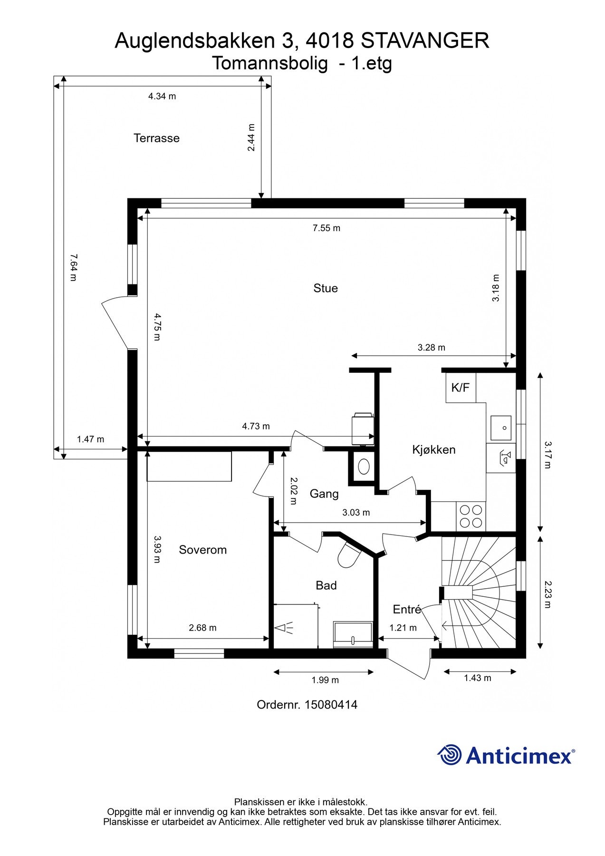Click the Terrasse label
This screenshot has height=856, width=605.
[x=156, y=138]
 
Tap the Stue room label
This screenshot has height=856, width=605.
[x=326, y=288]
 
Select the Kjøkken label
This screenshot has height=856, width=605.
[x=433, y=450]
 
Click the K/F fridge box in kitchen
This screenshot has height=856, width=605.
[x=461, y=388]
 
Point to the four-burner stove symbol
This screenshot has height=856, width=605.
[x=471, y=516]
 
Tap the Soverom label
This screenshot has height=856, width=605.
[x=202, y=550]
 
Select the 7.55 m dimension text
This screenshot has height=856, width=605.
[x=327, y=228]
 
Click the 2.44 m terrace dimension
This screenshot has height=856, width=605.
[x=251, y=137]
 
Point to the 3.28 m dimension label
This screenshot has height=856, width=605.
[x=432, y=348]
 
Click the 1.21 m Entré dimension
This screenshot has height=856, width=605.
[x=403, y=628]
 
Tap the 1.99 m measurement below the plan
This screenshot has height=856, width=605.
[x=325, y=680]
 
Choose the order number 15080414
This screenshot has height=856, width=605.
[x=331, y=705]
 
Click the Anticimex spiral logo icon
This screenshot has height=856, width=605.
[x=450, y=755]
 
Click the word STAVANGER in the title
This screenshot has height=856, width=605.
[x=425, y=41]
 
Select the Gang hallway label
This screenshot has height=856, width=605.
[x=324, y=494]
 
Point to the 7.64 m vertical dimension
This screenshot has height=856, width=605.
[x=73, y=267]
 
